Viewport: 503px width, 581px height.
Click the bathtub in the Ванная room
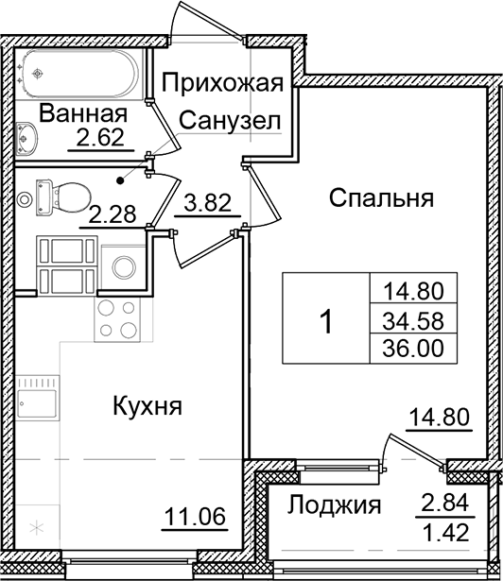pos(80,72)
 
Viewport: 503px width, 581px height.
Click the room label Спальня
pos(381,198)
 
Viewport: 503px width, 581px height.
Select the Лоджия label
pos(334,504)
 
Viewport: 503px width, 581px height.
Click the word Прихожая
pos(222,84)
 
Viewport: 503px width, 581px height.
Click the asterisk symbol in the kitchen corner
pos(39,524)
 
